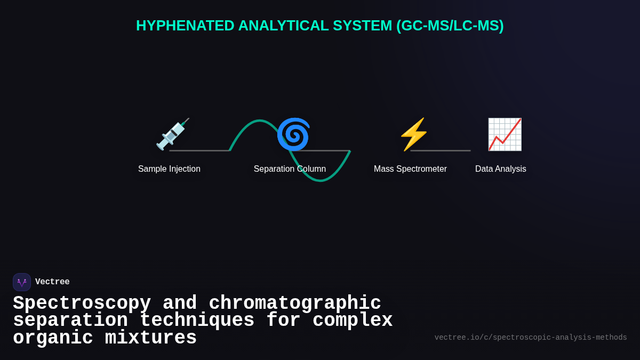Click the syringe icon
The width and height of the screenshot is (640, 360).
[172, 134]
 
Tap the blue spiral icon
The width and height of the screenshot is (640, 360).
[293, 134]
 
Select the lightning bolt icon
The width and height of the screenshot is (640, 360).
[414, 134]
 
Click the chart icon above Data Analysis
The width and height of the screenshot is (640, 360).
[505, 134]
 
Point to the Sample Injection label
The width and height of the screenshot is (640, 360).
[169, 169]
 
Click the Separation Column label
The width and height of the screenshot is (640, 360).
[290, 169]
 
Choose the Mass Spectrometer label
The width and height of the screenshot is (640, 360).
[410, 169]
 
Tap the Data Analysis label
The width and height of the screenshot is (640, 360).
[500, 169]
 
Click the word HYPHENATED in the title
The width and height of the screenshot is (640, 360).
[185, 26]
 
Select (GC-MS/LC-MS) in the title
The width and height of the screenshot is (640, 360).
[450, 26]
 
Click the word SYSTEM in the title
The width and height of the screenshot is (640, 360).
[362, 26]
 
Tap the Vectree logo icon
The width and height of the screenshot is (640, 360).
[22, 282]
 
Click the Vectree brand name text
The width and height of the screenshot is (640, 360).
[52, 282]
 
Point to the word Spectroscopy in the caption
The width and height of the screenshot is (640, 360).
[82, 303]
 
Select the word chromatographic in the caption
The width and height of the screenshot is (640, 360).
[295, 303]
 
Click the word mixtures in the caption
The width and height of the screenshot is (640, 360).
[150, 338]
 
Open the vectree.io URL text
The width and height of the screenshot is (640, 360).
[531, 338]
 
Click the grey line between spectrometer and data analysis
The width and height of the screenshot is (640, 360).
[441, 150]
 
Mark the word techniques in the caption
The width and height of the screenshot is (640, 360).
[197, 321]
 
